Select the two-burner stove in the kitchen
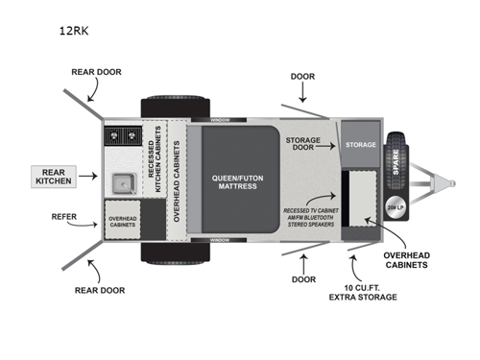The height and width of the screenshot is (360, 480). coord(121,135)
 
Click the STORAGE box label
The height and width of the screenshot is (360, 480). coord(361,145)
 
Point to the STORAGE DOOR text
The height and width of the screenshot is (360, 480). coord(302,144)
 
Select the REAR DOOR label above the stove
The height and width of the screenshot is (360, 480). coord(94,72)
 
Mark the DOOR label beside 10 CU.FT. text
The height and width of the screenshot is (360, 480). coord(304,280)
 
